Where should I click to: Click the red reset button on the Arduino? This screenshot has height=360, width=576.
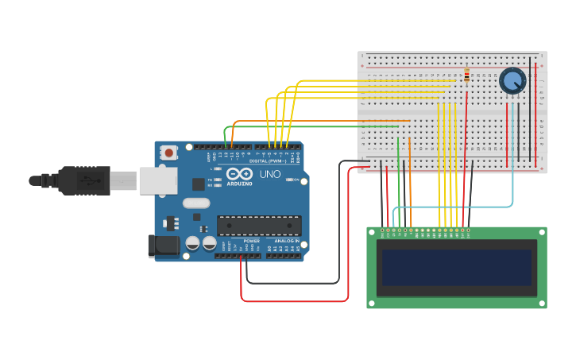[x=169, y=152]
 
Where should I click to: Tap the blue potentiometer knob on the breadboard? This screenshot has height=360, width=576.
[x=512, y=80]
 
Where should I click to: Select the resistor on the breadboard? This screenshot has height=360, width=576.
[x=466, y=75]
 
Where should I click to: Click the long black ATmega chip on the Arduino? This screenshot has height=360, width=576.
[x=259, y=226]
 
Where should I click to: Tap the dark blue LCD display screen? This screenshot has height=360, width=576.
[x=456, y=267]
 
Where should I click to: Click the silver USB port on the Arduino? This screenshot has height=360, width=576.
[x=157, y=180]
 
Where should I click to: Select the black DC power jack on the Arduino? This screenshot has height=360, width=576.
[x=164, y=246]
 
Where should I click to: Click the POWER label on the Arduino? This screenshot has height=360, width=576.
[x=251, y=241]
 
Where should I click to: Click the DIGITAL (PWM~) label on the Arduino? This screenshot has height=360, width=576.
[x=268, y=161]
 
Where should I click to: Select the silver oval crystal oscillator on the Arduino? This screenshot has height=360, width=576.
[x=195, y=203]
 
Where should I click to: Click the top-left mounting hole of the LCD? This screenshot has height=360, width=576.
[x=372, y=232]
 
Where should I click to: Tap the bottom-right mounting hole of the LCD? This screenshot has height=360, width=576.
[x=542, y=303]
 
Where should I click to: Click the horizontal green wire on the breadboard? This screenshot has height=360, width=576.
[x=318, y=126]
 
